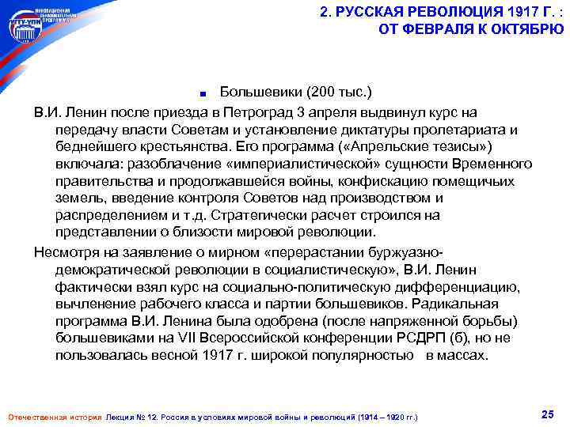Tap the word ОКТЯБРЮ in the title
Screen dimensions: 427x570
click(x=526, y=30)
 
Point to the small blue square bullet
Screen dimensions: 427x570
click(x=204, y=89)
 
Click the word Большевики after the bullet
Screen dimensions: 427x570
click(x=261, y=86)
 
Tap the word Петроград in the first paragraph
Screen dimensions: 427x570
click(x=260, y=111)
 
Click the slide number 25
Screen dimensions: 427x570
click(x=546, y=414)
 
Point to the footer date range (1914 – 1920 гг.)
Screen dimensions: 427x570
click(x=382, y=417)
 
